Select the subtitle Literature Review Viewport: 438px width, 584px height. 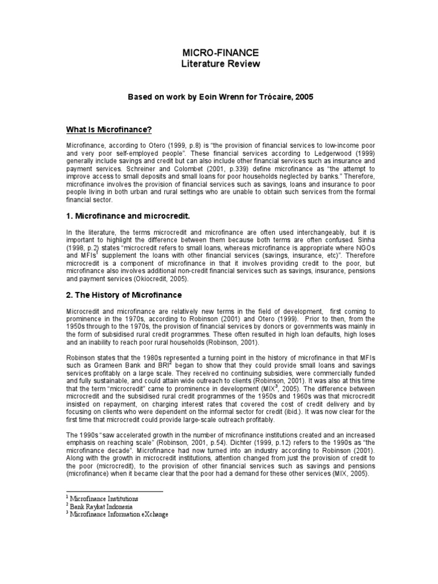(220, 64)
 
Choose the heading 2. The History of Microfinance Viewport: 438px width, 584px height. (124, 295)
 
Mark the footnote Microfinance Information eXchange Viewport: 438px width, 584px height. (119, 513)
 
